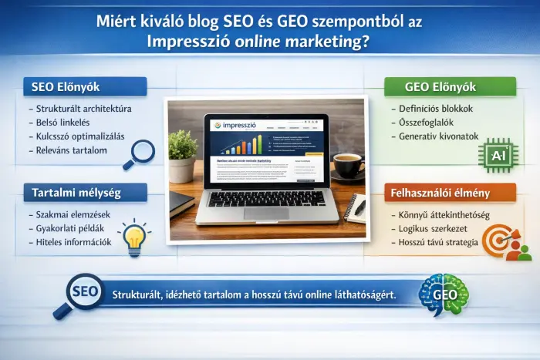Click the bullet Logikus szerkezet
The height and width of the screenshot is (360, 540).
point(432,229)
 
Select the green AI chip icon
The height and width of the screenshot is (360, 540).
point(498,154)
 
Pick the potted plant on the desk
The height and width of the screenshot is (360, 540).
point(182,154)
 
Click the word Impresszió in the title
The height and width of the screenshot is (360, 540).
point(191,42)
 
